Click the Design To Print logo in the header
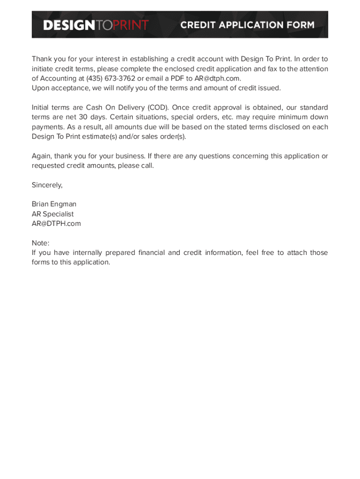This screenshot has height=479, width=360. click(x=96, y=25)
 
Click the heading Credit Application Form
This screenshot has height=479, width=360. click(x=247, y=25)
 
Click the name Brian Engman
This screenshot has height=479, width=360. click(x=54, y=204)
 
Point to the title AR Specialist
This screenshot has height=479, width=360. click(x=52, y=214)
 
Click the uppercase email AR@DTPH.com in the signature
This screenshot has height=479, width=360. click(x=56, y=224)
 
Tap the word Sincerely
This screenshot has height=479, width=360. click(x=47, y=185)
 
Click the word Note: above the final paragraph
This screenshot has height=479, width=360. click(x=41, y=243)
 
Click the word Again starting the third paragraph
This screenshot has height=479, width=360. click(x=42, y=156)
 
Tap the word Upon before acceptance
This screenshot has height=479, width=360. click(x=41, y=88)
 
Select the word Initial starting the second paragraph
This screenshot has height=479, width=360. click(x=41, y=108)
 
